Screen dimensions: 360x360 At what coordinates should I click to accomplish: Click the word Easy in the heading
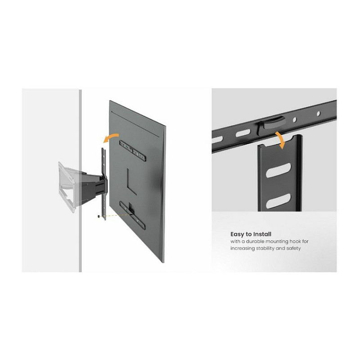click(x=238, y=234)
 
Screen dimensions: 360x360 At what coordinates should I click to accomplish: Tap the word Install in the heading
click(x=262, y=234)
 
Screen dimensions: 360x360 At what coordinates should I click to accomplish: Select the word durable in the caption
click(x=255, y=242)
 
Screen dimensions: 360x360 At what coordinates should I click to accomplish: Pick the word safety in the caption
click(x=293, y=248)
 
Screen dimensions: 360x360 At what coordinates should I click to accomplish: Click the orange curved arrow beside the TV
click(x=110, y=137)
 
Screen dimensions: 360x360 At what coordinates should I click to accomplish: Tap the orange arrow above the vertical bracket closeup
click(x=281, y=139)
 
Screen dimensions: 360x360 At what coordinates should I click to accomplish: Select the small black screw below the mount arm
click(x=99, y=216)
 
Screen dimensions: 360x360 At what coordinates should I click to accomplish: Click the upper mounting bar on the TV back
click(x=133, y=151)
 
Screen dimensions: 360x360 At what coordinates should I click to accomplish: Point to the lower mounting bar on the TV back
click(x=132, y=216)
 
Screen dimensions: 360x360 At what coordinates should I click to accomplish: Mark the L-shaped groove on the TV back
click(x=131, y=181)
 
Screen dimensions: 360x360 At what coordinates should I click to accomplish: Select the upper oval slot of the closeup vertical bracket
click(x=278, y=170)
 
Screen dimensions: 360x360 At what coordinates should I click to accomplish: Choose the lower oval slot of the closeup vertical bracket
click(x=278, y=201)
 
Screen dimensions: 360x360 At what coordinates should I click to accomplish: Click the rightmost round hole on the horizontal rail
click(x=319, y=113)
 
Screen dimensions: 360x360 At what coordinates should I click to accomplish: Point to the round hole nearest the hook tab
click(x=295, y=119)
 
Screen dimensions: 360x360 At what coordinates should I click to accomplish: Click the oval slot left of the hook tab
click(x=243, y=133)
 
